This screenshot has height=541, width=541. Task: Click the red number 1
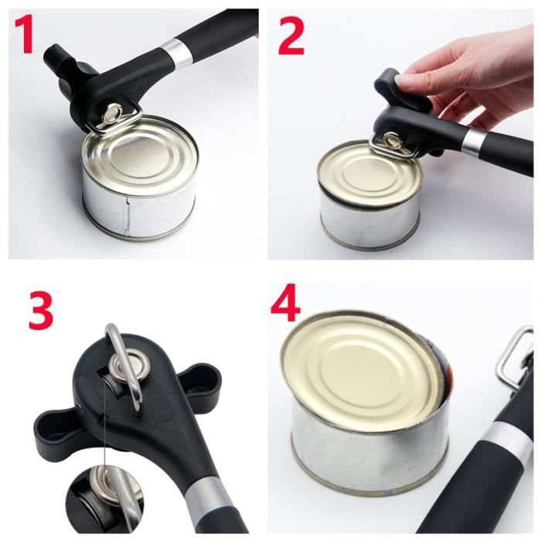coord(25,34)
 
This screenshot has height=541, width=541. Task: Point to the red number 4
coord(285,302)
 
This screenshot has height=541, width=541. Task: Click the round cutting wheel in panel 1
coord(112,113)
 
